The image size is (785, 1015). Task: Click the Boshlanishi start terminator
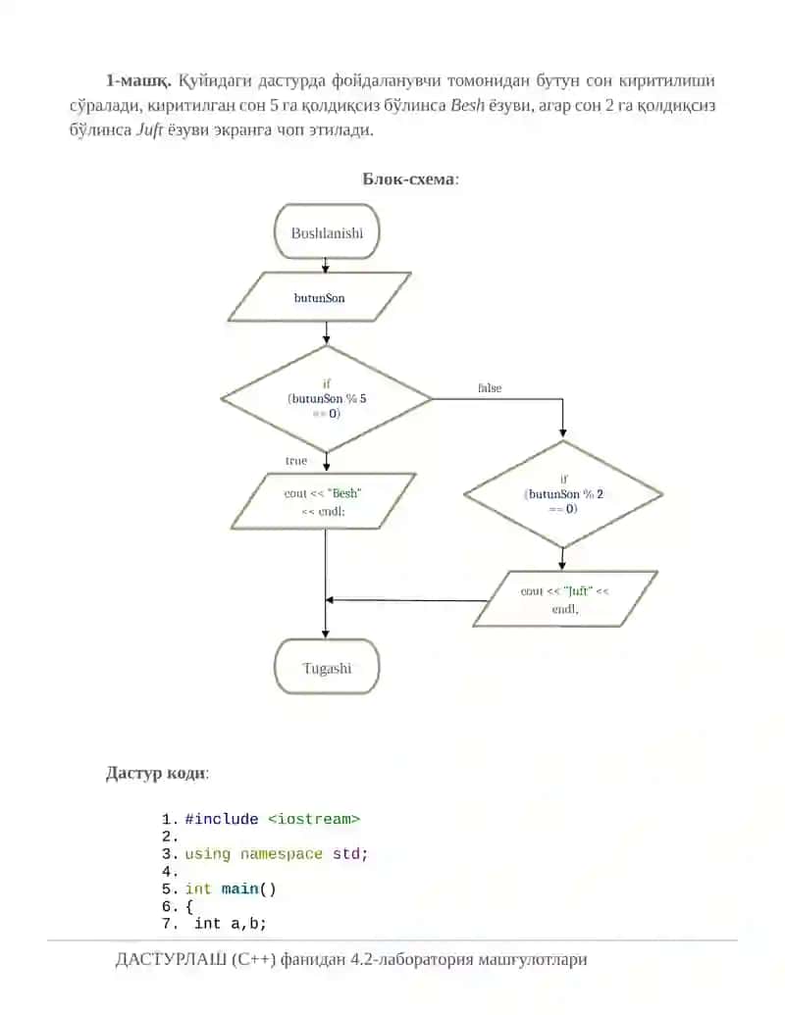tap(327, 231)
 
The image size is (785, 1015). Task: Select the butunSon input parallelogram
tap(319, 297)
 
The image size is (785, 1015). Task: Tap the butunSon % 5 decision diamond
tap(327, 399)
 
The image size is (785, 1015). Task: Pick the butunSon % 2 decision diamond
tap(563, 494)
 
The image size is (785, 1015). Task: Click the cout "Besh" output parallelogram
tap(323, 502)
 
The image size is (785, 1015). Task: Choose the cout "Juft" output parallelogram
tap(565, 599)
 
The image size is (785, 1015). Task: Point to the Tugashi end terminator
tap(327, 667)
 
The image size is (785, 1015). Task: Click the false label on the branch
tap(490, 387)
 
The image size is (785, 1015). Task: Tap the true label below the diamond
tap(296, 460)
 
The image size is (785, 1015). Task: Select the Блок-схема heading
tap(410, 178)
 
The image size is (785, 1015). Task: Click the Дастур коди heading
tap(157, 773)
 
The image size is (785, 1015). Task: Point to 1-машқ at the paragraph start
tap(138, 81)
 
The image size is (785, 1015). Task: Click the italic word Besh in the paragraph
tap(468, 105)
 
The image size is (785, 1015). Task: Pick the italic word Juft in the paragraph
tap(149, 129)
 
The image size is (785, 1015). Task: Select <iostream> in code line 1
tap(313, 819)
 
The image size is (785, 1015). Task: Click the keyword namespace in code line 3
tap(281, 854)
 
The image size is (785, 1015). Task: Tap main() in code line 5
tap(248, 888)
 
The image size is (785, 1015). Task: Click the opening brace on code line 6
tap(189, 907)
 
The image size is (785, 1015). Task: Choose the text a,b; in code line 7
tap(248, 924)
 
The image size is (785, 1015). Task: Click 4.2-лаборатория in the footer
tap(410, 959)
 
